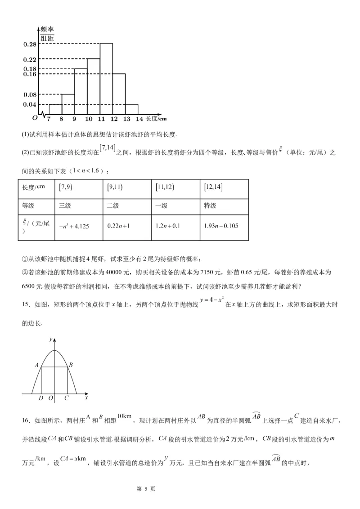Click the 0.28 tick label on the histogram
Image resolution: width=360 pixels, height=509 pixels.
(29, 44)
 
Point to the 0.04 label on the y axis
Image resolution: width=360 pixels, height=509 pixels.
(29, 104)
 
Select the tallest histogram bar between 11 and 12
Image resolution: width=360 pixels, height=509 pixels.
(106, 79)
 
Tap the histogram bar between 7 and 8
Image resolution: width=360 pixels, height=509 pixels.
(55, 109)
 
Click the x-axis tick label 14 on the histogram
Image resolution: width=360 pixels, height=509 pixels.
(139, 119)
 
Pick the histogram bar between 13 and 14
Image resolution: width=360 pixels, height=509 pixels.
(132, 109)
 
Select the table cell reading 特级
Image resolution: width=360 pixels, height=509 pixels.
(211, 205)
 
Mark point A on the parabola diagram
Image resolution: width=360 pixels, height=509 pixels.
(36, 365)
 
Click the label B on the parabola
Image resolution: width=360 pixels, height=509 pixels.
(72, 365)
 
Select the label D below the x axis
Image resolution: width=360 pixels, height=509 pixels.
(41, 398)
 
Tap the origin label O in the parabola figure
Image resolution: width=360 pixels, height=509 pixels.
(51, 398)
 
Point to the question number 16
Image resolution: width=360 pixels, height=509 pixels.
(26, 420)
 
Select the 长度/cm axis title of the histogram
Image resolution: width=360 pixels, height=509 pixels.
(157, 118)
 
